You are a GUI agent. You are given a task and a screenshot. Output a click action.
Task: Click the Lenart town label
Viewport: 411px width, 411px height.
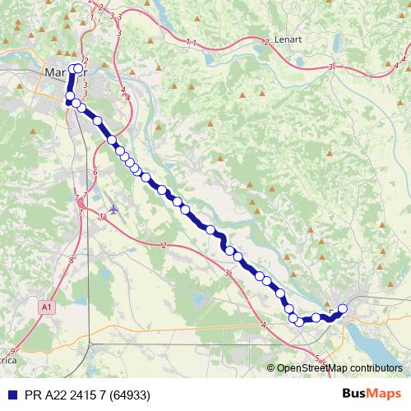[x=288, y=38]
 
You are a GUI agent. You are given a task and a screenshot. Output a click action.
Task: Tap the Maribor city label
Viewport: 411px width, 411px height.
[x=62, y=72]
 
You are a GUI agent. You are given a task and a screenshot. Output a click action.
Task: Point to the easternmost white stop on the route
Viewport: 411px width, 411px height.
[x=343, y=309]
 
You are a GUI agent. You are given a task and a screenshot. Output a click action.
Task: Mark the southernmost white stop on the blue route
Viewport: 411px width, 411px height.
[x=299, y=321]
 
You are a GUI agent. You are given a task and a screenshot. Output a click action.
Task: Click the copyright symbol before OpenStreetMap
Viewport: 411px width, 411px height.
[x=271, y=367]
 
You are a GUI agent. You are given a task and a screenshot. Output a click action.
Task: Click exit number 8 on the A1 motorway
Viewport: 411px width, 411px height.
[x=72, y=260]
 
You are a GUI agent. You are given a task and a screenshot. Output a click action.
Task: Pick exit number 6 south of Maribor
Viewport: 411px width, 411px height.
[x=95, y=172]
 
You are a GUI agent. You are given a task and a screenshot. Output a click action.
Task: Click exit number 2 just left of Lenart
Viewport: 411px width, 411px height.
[x=267, y=41]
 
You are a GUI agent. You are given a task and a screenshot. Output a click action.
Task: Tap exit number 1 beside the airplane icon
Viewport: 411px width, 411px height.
[x=100, y=216]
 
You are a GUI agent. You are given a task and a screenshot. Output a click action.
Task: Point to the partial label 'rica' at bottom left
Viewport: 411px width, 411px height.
[x=7, y=360]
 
